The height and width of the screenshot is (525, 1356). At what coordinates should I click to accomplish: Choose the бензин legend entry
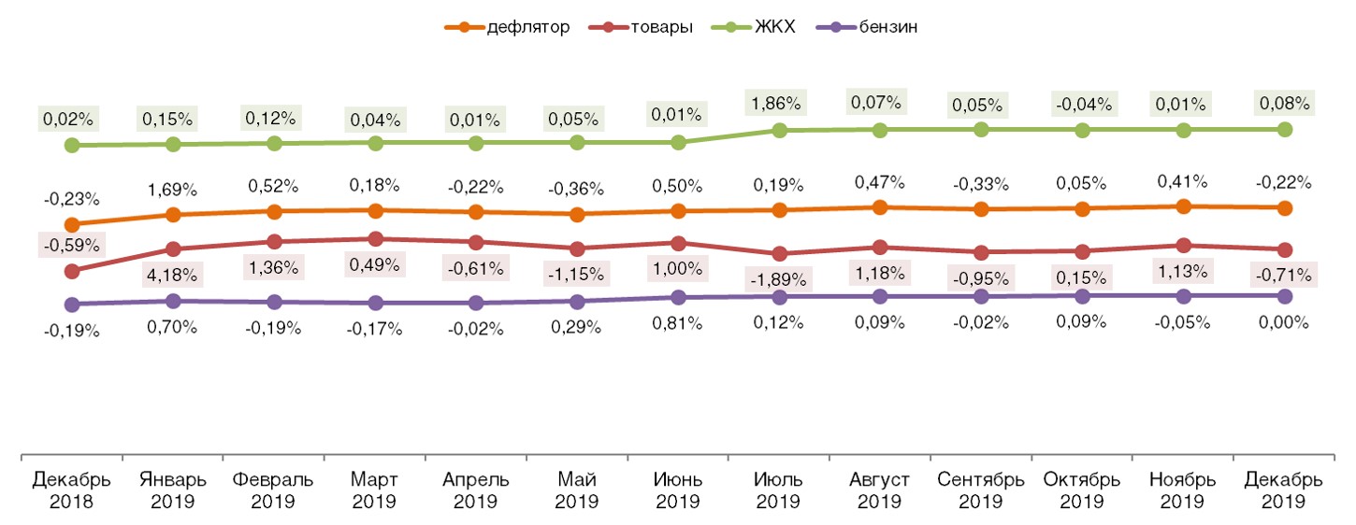tap(881, 27)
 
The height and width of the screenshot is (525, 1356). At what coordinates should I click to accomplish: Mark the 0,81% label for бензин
tap(678, 322)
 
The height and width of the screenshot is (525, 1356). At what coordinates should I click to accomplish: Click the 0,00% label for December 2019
tap(1285, 322)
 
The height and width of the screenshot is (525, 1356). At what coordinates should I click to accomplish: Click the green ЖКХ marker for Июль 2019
tap(779, 130)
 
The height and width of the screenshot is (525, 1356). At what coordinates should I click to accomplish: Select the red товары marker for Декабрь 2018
tap(72, 271)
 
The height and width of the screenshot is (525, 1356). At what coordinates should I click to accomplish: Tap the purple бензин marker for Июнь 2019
tap(678, 297)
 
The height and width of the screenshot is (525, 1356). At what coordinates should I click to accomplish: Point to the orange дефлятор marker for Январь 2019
tap(173, 215)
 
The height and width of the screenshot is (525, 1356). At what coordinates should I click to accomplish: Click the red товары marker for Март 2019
tap(375, 239)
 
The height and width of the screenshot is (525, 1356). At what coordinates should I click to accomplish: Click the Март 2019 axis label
tap(375, 490)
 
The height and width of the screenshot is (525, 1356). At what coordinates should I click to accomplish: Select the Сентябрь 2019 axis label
tap(981, 490)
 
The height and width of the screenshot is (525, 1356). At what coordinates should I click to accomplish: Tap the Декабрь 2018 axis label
tap(72, 490)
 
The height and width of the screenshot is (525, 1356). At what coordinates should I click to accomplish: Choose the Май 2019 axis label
tap(577, 490)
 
